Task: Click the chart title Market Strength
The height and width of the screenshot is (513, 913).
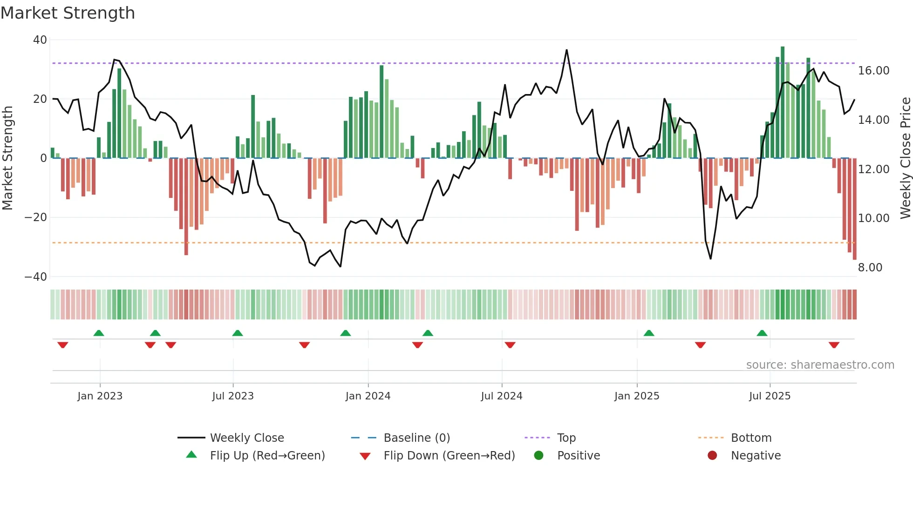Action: pyautogui.click(x=68, y=13)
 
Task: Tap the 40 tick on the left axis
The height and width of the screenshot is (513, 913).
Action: pyautogui.click(x=40, y=40)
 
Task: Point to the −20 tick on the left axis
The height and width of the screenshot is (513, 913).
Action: pyautogui.click(x=35, y=217)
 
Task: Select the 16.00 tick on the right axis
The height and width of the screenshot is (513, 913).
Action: pyautogui.click(x=873, y=71)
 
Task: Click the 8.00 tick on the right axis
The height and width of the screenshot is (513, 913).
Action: pyautogui.click(x=870, y=268)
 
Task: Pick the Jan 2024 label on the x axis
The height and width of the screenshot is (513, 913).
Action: pyautogui.click(x=368, y=396)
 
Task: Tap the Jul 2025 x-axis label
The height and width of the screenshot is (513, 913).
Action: pyautogui.click(x=770, y=396)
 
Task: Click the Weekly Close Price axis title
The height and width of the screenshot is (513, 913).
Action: pyautogui.click(x=905, y=158)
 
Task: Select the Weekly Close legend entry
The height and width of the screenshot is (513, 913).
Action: pyautogui.click(x=246, y=438)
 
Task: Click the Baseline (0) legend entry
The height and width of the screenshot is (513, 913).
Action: pyautogui.click(x=416, y=438)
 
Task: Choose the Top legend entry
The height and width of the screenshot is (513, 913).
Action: pyautogui.click(x=566, y=438)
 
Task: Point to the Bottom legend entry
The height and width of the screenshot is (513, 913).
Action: pyautogui.click(x=751, y=438)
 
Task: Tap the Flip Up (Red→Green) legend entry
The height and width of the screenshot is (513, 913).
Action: pyautogui.click(x=267, y=456)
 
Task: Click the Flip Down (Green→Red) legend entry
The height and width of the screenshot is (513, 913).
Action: pyautogui.click(x=449, y=456)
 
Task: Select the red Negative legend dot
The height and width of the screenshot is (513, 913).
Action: pyautogui.click(x=712, y=456)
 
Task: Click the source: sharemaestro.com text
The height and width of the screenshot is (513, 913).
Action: pyautogui.click(x=820, y=365)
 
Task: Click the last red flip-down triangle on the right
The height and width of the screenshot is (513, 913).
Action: pyautogui.click(x=834, y=345)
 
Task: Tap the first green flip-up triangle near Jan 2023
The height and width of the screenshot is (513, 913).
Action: pyautogui.click(x=99, y=333)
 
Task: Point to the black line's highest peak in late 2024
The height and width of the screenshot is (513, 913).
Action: pyautogui.click(x=566, y=50)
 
